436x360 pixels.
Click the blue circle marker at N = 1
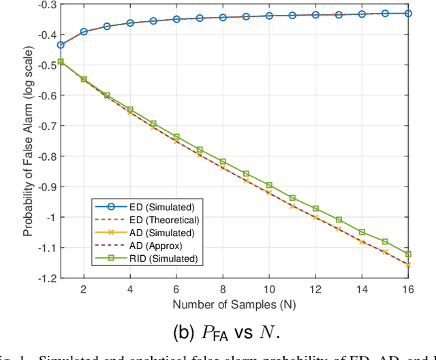pyautogui.click(x=61, y=45)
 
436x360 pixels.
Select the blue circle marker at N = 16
pyautogui.click(x=408, y=13)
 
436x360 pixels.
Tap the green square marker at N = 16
pyautogui.click(x=408, y=254)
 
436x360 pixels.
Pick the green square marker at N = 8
pyautogui.click(x=223, y=161)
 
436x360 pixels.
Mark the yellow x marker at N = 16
pyautogui.click(x=408, y=265)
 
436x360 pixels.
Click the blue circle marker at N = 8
pyautogui.click(x=223, y=17)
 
